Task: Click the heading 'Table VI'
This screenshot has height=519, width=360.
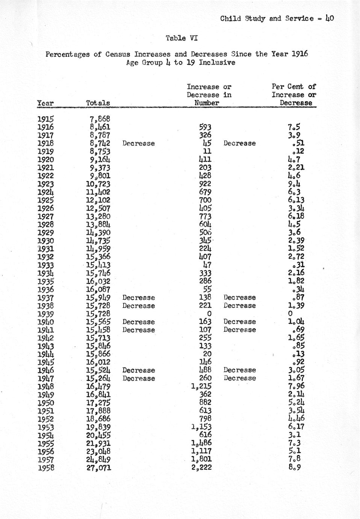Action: (182, 38)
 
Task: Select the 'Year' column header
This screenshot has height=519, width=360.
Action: (45, 103)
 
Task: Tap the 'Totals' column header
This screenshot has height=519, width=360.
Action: (98, 103)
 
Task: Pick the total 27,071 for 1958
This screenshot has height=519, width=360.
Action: (98, 467)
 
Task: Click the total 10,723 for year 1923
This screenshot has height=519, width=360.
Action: (98, 184)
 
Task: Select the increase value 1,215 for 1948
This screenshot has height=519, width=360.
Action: (201, 386)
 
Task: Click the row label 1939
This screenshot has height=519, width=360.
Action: (46, 314)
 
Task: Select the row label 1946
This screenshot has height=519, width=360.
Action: (46, 370)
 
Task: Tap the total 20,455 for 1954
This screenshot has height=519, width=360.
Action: (98, 435)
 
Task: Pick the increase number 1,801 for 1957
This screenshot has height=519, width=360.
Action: (201, 459)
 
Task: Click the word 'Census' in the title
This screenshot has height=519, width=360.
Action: (118, 54)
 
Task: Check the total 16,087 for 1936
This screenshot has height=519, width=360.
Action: (98, 289)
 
